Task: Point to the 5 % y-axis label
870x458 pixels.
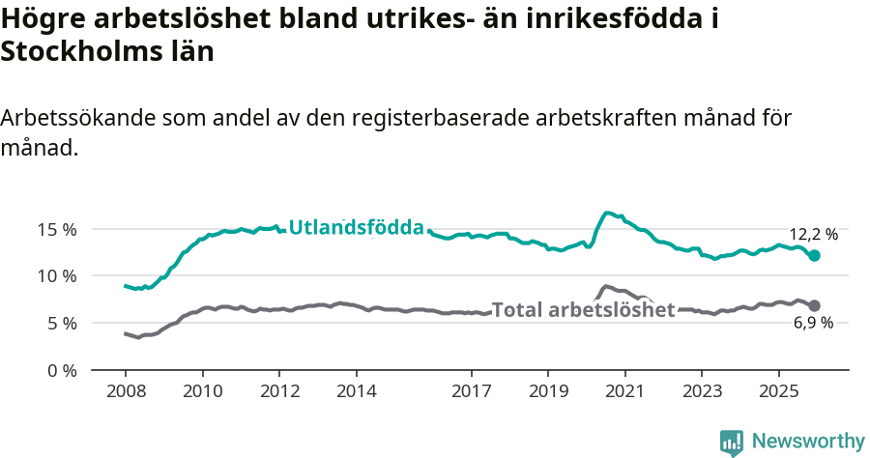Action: pyautogui.click(x=61, y=323)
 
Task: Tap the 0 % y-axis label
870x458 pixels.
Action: pyautogui.click(x=61, y=370)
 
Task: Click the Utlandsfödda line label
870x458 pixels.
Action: pyautogui.click(x=357, y=228)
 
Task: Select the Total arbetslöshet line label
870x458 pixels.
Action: pyautogui.click(x=583, y=310)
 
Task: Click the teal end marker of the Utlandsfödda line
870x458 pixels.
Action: pyautogui.click(x=815, y=256)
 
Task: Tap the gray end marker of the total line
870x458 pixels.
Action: pyautogui.click(x=815, y=305)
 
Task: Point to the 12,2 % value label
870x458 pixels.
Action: pyautogui.click(x=814, y=234)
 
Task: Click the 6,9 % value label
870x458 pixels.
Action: pyautogui.click(x=813, y=324)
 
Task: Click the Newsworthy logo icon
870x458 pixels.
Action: pyautogui.click(x=732, y=442)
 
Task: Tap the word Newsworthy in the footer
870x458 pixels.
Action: pyautogui.click(x=807, y=442)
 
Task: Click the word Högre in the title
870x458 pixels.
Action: pyautogui.click(x=42, y=18)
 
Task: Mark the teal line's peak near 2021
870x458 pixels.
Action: pyautogui.click(x=607, y=213)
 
